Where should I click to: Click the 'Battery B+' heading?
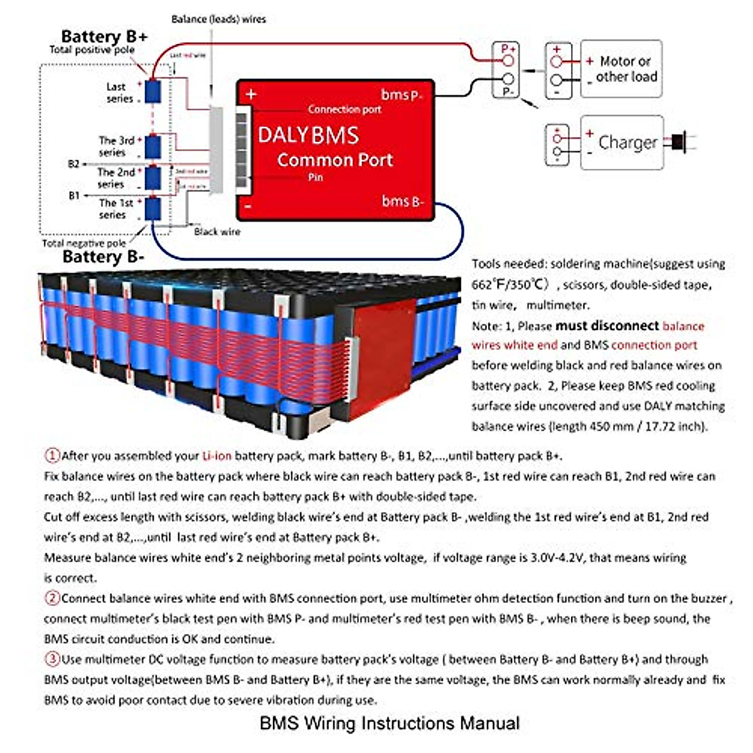[104, 36]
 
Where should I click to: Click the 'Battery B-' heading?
[104, 257]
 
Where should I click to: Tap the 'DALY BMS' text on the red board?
[308, 135]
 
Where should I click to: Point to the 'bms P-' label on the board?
[402, 95]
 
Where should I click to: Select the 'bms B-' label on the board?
[403, 201]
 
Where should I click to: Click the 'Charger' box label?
[627, 142]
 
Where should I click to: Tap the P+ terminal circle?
[508, 61]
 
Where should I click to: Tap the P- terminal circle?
[508, 80]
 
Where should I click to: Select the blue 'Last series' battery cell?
[153, 91]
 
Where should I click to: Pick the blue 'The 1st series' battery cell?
[153, 208]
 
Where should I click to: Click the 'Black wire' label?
[217, 232]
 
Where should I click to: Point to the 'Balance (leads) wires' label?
[218, 19]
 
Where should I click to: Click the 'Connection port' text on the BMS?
[344, 109]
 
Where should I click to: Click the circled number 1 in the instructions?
[52, 456]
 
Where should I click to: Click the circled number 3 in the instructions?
[52, 659]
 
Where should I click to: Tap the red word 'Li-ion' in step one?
[216, 456]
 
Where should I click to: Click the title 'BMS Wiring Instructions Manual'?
[389, 723]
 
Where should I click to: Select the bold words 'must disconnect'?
[607, 326]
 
